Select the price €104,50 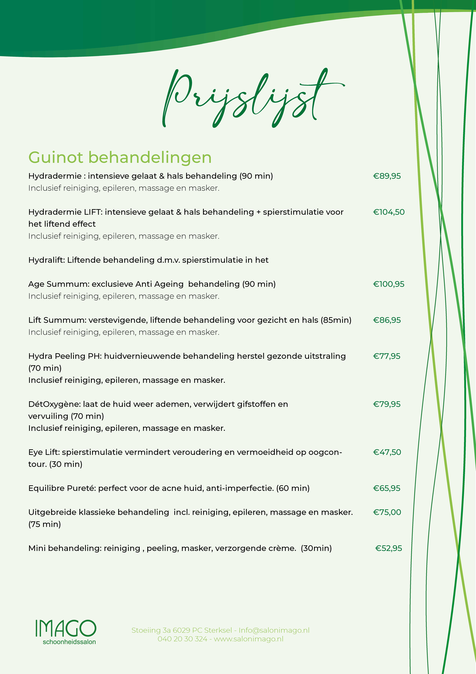pos(389,212)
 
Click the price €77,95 pos(387,356)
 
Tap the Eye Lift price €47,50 pos(387,452)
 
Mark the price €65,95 pos(387,488)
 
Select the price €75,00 pos(387,512)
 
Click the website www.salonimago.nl pos(249,639)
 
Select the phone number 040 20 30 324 pos(182,639)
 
